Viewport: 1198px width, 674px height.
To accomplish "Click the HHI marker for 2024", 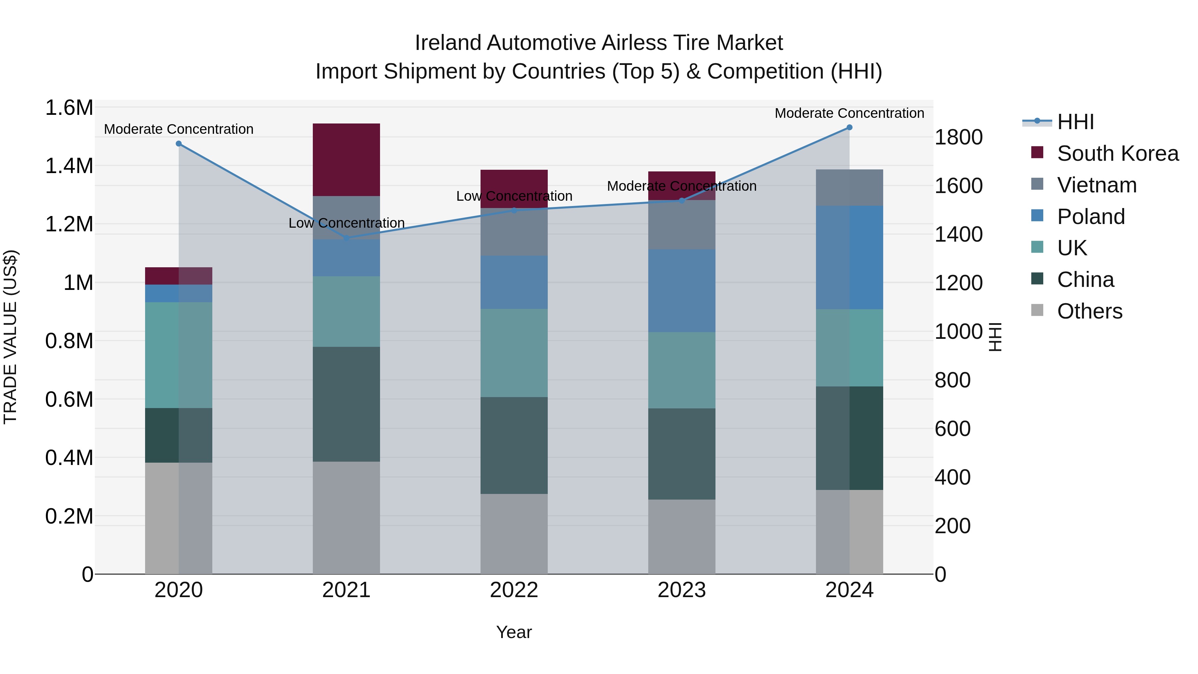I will pos(849,127).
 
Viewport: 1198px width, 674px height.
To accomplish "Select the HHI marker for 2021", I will pos(346,238).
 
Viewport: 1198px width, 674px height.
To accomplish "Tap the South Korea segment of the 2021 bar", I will pos(346,159).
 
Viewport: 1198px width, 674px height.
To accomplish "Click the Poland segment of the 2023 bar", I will pos(682,290).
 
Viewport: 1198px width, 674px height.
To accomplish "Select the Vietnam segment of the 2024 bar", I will pos(849,187).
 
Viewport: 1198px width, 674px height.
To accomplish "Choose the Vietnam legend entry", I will pos(1097,185).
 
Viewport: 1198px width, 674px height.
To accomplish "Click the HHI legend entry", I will pos(1075,122).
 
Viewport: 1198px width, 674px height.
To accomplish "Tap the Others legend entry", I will pos(1089,311).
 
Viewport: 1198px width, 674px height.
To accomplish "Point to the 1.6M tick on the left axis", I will pos(69,108).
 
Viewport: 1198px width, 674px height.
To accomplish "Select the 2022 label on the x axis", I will pos(514,590).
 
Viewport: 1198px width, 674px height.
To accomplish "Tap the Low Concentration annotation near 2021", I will pos(346,223).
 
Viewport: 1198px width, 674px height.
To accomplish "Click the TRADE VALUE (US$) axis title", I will pos(10,337).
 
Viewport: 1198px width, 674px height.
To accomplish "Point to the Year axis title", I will pos(514,632).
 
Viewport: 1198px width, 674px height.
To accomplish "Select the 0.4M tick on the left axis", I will pos(69,458).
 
